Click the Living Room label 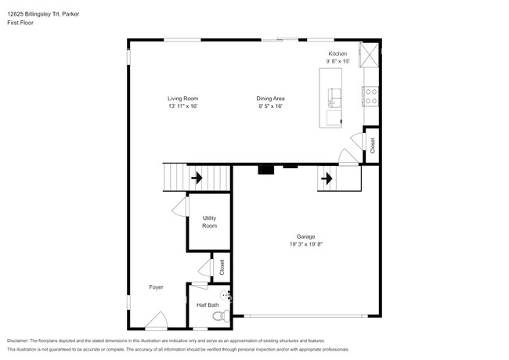coord(182,99)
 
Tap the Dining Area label coord(269,99)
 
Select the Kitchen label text coord(338,53)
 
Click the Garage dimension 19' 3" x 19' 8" coord(305,244)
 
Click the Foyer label coord(156,287)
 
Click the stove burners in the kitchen coord(370,95)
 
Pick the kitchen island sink coord(334,97)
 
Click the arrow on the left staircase coord(196,178)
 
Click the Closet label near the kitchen coord(373,145)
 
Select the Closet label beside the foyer coord(222,266)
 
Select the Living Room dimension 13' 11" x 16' coord(182,106)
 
